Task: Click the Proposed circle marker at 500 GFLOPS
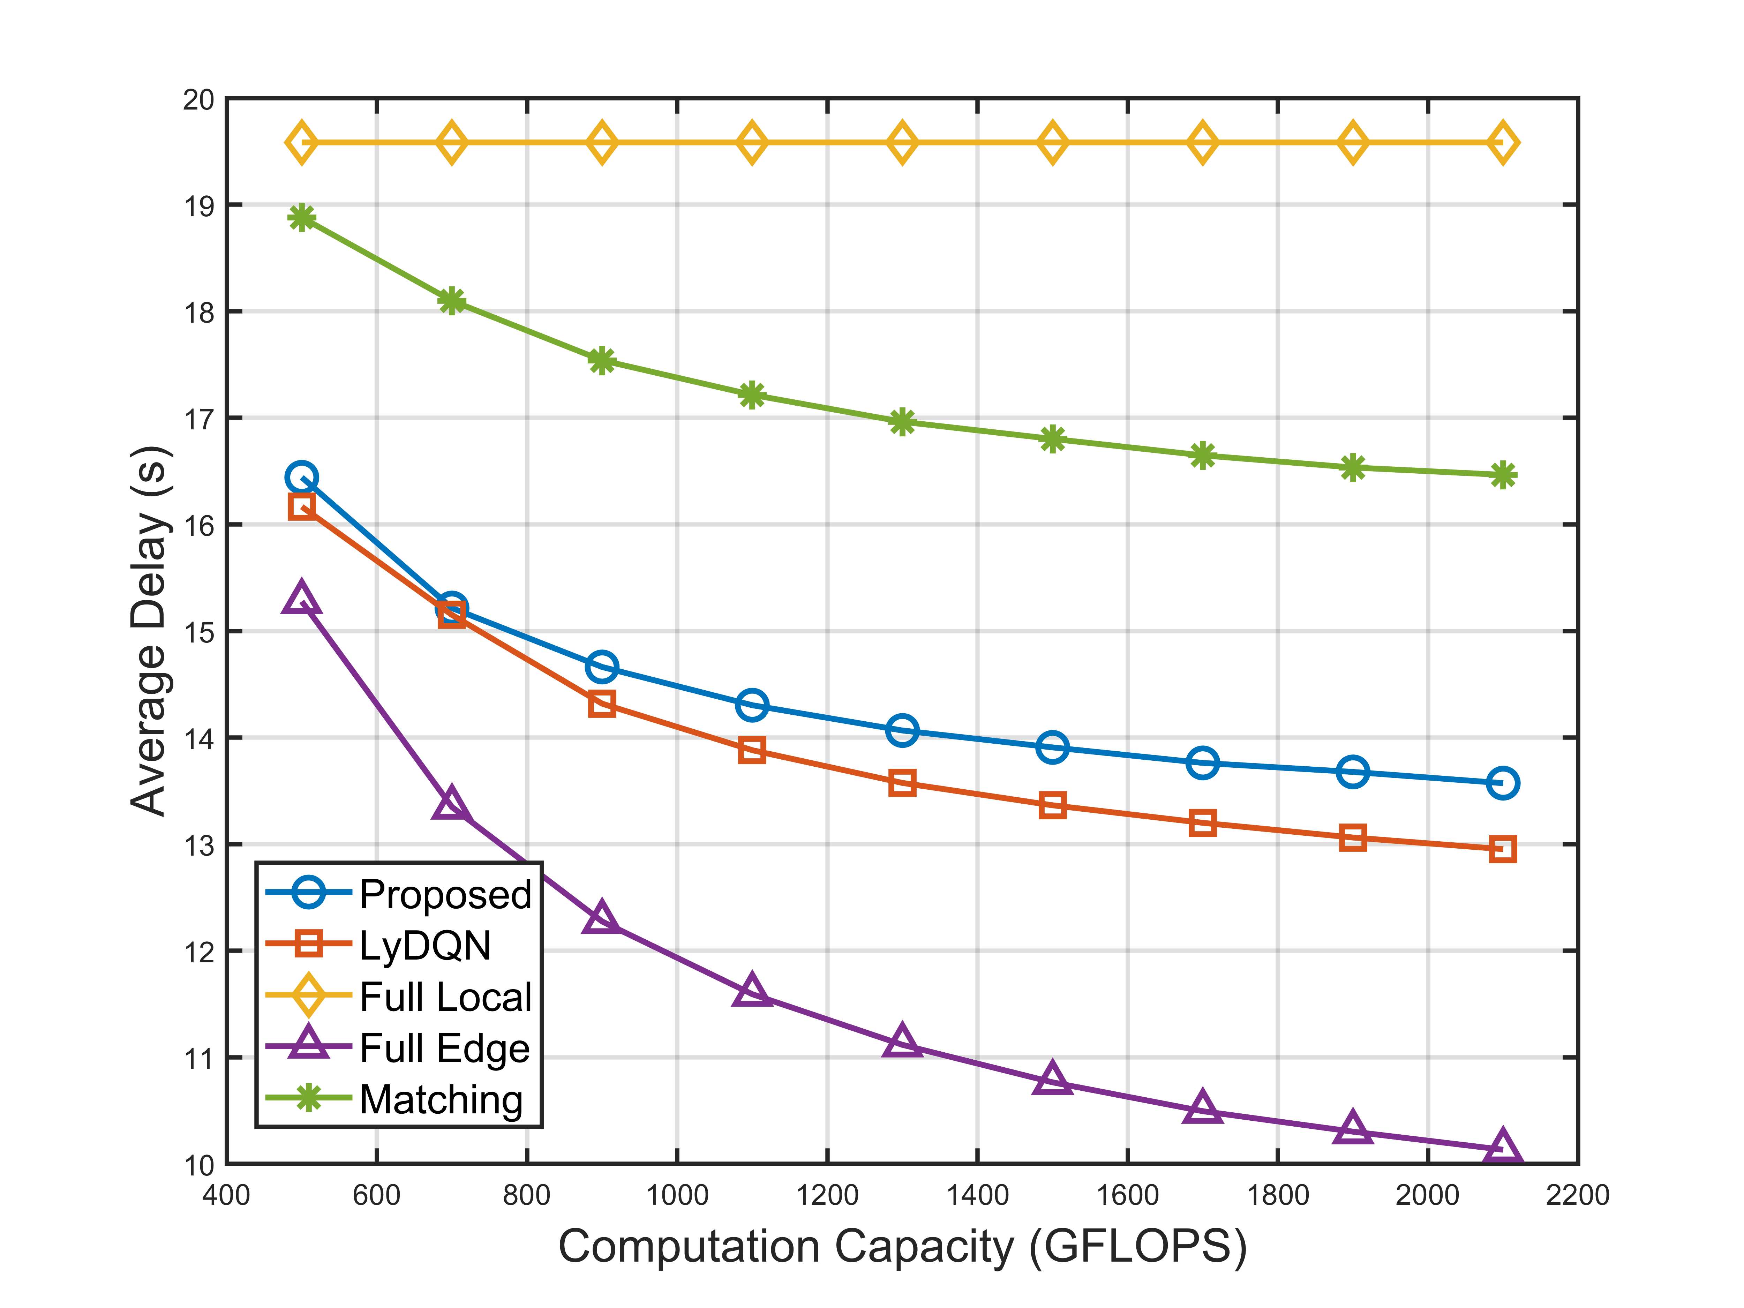pyautogui.click(x=302, y=477)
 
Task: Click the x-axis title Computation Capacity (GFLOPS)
pyautogui.click(x=902, y=1247)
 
